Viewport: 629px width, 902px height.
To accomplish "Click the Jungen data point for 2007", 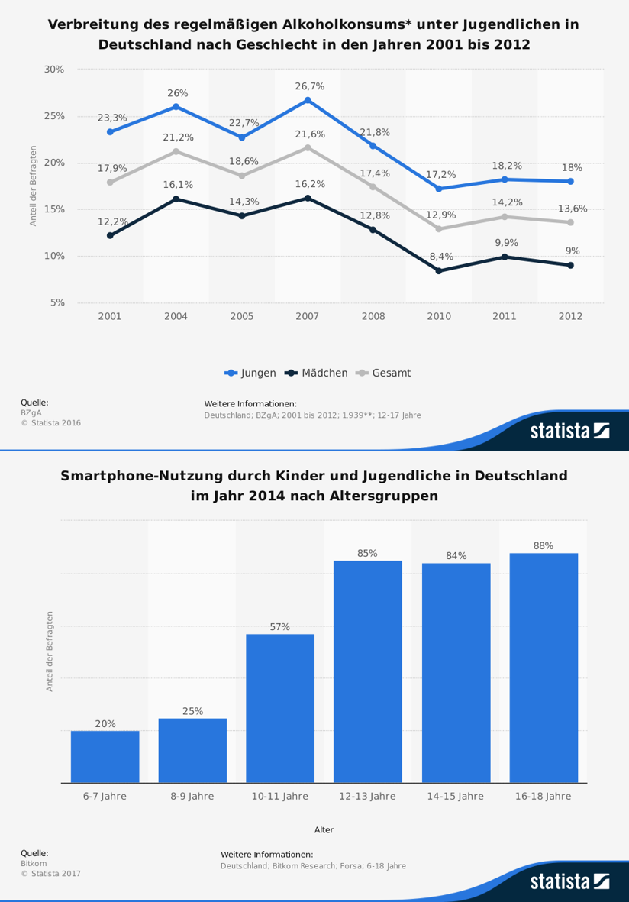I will pos(308,100).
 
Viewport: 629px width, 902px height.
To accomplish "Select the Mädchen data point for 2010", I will pos(439,271).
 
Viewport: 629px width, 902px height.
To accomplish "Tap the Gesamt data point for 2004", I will pos(176,151).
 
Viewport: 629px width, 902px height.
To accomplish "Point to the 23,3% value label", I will pos(112,118).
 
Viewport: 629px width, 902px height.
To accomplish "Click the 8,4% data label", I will pos(440,257).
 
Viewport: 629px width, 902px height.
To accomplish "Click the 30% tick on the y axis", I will pos(54,69).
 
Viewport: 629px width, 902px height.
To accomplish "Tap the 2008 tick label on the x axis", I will pos(373,315).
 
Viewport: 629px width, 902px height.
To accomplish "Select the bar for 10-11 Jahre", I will pos(280,708).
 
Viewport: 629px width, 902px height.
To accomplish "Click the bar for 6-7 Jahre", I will pos(105,756).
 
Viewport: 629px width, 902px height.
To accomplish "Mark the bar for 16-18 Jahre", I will pos(544,668).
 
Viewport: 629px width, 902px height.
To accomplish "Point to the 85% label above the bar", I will pos(367,553).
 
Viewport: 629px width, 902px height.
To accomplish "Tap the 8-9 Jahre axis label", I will pos(192,796).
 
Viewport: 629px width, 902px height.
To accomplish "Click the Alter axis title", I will pos(324,829).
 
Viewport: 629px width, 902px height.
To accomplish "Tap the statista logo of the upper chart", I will pos(569,432).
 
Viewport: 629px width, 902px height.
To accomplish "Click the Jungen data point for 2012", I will pos(570,181).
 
